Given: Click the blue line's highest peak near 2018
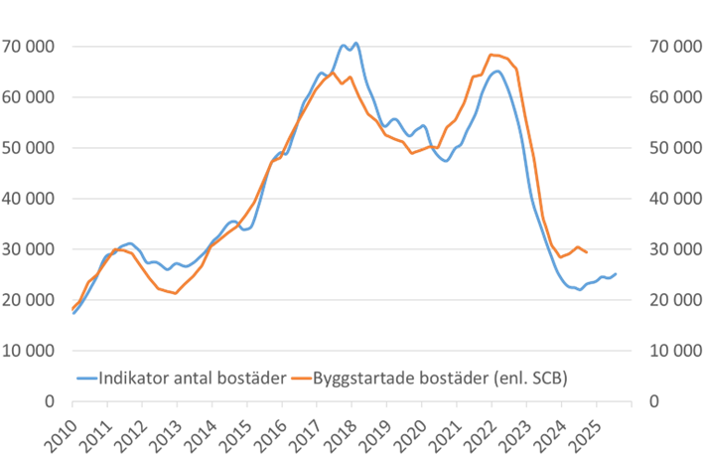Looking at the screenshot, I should point(355,43).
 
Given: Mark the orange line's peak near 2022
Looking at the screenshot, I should point(493,54).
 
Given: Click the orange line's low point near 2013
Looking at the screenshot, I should point(176,294).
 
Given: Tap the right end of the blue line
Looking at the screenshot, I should point(617,273).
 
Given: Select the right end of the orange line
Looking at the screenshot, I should point(588,252).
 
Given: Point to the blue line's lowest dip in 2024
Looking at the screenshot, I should point(580,290).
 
